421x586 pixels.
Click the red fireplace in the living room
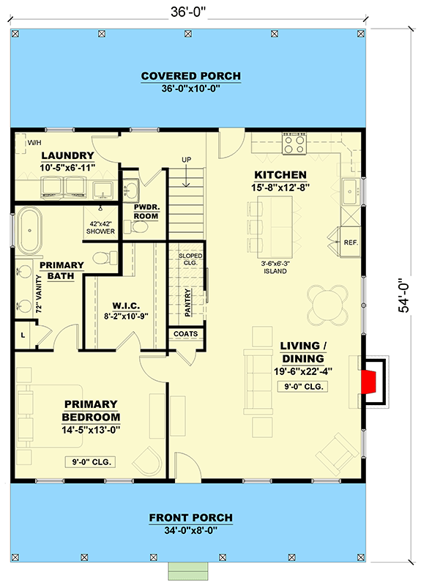point(371,382)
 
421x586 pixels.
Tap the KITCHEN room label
point(280,175)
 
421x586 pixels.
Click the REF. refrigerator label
point(349,241)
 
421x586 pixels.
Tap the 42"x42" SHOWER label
point(101,227)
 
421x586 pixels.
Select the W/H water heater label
point(34,142)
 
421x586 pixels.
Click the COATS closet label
point(186,333)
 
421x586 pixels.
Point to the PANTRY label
point(187,300)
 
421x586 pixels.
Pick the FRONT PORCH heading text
point(190,518)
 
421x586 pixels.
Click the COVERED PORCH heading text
point(190,76)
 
